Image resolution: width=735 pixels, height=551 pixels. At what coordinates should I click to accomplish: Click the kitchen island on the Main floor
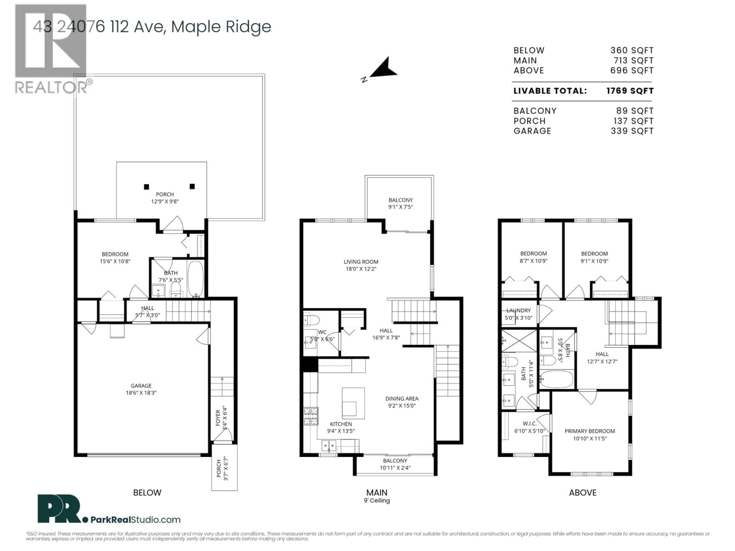[x=353, y=403]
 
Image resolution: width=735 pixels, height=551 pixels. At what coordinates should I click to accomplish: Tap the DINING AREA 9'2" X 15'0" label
[x=402, y=402]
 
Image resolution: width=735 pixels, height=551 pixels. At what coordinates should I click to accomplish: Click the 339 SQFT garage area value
[x=632, y=131]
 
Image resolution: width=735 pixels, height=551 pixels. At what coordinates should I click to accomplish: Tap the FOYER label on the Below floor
[x=218, y=418]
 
